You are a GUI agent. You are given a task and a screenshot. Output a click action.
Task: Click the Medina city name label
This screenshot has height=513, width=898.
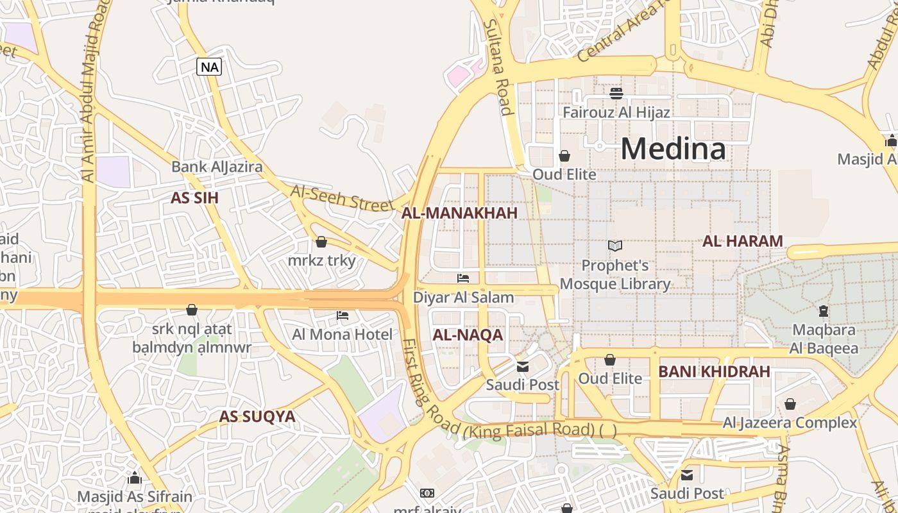coord(673,149)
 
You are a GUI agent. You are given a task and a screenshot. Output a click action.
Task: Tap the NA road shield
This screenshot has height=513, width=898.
coord(209,67)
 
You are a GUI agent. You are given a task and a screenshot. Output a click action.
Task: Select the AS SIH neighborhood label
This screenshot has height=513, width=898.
coord(194,198)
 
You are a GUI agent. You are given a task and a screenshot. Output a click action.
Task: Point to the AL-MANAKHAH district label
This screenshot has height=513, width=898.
coord(459,214)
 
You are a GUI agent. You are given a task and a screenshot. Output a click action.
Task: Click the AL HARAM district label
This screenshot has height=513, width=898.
coord(743,241)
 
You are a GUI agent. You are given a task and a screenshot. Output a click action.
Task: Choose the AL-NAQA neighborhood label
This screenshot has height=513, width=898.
coord(468,335)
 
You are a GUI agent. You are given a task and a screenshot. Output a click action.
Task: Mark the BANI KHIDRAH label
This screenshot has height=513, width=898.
coord(714,371)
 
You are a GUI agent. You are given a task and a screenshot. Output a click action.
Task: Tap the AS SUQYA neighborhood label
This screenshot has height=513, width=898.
coord(257,416)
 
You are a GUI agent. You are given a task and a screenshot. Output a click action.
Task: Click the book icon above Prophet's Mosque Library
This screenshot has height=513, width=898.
coord(614,246)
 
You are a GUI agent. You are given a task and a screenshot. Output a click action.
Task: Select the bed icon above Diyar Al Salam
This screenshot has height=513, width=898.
coord(463,278)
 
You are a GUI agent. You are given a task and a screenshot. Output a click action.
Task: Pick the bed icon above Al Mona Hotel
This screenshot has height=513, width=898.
coord(343,315)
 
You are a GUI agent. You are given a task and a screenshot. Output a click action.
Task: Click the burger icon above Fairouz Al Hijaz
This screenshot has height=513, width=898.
coord(616,94)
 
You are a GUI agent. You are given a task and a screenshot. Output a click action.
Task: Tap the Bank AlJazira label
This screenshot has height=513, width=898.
coord(217,167)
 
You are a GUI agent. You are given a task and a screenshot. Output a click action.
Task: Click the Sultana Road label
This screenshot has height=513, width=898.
coord(498,67)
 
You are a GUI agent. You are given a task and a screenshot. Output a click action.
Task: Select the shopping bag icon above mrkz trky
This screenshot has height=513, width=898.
coord(321,242)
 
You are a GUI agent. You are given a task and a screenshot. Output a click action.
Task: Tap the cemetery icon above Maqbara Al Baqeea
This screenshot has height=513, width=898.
coord(824,312)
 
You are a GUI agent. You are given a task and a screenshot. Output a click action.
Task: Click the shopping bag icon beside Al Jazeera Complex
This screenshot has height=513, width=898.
coord(790,404)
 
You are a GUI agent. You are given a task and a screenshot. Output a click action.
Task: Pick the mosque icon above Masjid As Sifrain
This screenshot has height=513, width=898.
coord(135,478)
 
